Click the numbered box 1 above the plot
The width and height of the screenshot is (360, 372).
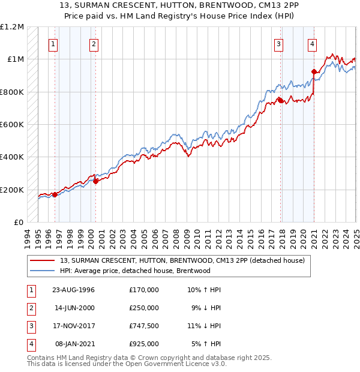[54, 43]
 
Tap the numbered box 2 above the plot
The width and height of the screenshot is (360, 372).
[94, 43]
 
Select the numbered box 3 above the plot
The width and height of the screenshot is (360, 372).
[279, 43]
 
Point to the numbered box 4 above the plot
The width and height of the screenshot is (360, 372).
[313, 43]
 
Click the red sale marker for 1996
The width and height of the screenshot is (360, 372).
[55, 194]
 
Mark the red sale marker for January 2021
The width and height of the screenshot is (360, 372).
[313, 71]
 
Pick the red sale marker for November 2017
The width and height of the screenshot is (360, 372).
[280, 100]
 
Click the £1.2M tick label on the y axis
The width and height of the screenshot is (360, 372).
[12, 27]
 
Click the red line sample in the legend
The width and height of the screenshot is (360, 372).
[43, 260]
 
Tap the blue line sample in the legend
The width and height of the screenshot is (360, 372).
[43, 271]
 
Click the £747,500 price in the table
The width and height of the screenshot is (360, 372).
[143, 326]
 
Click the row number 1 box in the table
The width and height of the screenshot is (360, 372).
[29, 290]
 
